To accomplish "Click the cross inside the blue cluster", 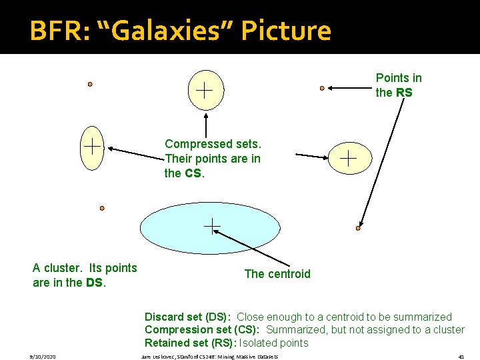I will tap(211, 227).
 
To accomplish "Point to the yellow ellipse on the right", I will tap(349, 158).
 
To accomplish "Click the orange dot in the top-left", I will tap(90, 85).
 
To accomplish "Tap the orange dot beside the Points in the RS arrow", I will tap(322, 87).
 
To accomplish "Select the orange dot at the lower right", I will tap(358, 228).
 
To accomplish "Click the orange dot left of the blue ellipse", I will tap(102, 208).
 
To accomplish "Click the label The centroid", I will tap(277, 274).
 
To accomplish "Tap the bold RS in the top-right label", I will tap(404, 93).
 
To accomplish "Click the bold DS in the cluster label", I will tap(94, 283).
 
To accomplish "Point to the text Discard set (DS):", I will tap(188, 317).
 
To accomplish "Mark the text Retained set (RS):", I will tap(189, 343).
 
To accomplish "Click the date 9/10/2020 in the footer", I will tap(41, 357).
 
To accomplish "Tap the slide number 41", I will tap(461, 357).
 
